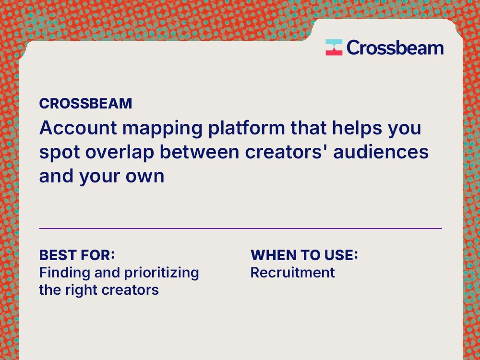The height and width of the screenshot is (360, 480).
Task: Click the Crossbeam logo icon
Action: (334, 48)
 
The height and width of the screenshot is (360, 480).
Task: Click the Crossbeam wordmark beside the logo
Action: (395, 48)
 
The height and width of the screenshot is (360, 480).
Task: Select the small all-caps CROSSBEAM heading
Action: (85, 104)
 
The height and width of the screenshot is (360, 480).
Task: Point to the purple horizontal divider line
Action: (240, 228)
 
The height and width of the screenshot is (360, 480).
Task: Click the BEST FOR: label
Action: (77, 255)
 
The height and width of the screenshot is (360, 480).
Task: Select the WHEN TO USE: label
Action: (304, 255)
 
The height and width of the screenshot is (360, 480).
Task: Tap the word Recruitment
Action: (292, 273)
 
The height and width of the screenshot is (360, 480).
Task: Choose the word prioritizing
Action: (161, 273)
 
